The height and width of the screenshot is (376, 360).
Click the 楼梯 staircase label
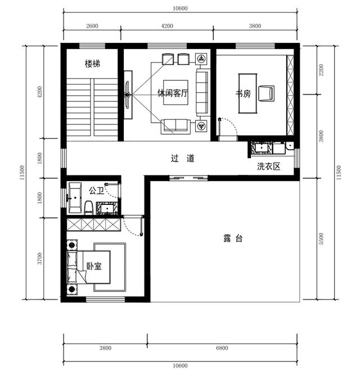point(92,64)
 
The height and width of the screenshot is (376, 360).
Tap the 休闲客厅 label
point(173,93)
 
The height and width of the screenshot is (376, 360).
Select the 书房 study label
point(243,93)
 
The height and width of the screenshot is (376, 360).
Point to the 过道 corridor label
point(183,158)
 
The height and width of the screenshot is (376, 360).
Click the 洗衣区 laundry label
point(269,166)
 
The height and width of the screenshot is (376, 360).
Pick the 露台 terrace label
point(233,239)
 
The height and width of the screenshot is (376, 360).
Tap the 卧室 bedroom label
point(94,266)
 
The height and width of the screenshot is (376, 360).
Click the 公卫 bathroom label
point(96,191)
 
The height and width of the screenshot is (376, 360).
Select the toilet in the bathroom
point(89,208)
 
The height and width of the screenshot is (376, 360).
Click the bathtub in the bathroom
point(75,198)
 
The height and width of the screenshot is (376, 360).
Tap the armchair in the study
point(266,93)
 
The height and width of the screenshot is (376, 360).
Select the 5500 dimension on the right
point(321,239)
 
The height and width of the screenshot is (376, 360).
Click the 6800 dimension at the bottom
point(222,348)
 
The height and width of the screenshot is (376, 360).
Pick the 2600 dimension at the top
point(92,26)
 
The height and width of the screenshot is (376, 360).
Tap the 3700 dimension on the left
point(40,258)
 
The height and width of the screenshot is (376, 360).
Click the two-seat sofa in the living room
point(175,127)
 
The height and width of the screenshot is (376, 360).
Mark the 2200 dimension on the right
point(321,70)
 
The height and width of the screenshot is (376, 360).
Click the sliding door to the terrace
point(188,178)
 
